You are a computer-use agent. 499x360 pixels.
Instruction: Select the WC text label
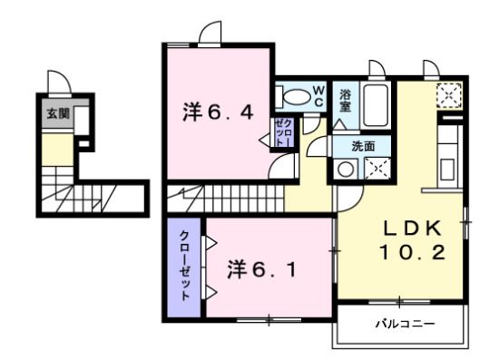tap(319, 95)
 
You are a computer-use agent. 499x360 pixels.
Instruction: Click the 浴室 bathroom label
tap(346, 100)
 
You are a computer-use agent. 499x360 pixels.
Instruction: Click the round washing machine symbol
tap(347, 168)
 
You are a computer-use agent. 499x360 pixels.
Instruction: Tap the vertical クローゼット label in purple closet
tap(184, 266)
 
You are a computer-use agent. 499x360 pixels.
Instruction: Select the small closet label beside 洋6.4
tap(282, 133)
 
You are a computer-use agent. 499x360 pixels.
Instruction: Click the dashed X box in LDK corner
tap(449, 93)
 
